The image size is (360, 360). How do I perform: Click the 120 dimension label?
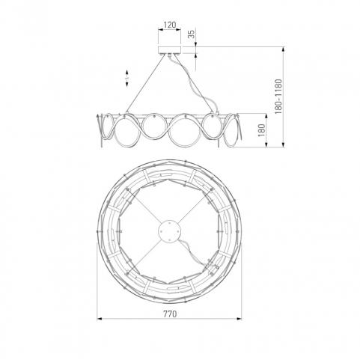point(170,25)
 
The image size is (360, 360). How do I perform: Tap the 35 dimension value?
point(192,34)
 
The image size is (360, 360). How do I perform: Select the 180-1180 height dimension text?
point(278,97)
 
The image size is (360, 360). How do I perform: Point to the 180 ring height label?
point(261,130)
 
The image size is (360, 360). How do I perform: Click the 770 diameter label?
point(170,314)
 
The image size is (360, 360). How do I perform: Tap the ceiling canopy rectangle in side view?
point(170,50)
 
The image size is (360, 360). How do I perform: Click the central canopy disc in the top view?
point(169,231)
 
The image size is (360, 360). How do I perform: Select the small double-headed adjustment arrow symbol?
point(126,78)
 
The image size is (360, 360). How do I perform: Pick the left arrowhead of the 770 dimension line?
point(100,319)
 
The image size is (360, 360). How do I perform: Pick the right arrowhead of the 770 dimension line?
point(239,319)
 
